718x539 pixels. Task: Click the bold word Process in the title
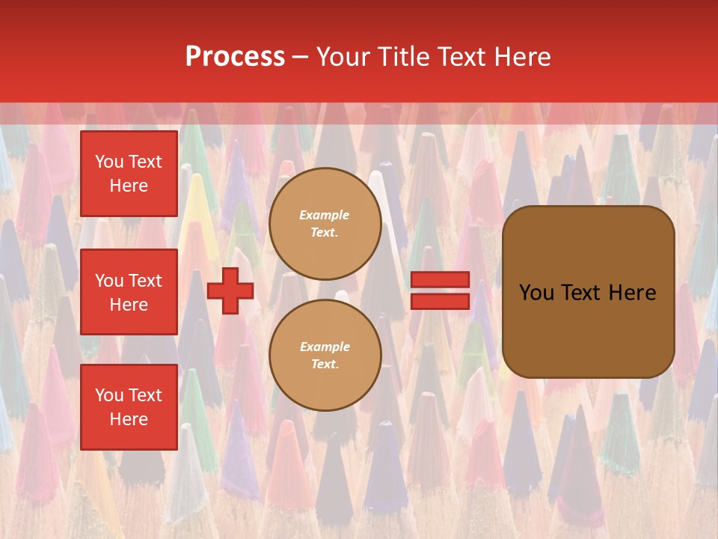(x=235, y=57)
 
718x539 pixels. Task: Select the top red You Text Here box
(x=129, y=174)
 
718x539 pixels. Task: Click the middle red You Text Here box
(x=129, y=292)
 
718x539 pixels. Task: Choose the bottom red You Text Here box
(x=129, y=407)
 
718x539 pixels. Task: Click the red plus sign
(x=230, y=291)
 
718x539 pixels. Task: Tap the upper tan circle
(x=325, y=224)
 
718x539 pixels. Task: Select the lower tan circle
(x=325, y=356)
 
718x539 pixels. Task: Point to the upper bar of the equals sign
(x=440, y=279)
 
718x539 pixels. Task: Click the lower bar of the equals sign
(x=440, y=301)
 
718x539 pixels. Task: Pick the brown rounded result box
(x=588, y=292)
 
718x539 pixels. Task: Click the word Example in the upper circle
(x=325, y=215)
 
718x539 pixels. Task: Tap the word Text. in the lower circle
(x=325, y=365)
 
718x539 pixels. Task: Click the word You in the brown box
(x=536, y=293)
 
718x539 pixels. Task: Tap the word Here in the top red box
(x=129, y=186)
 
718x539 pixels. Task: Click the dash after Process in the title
(x=301, y=57)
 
